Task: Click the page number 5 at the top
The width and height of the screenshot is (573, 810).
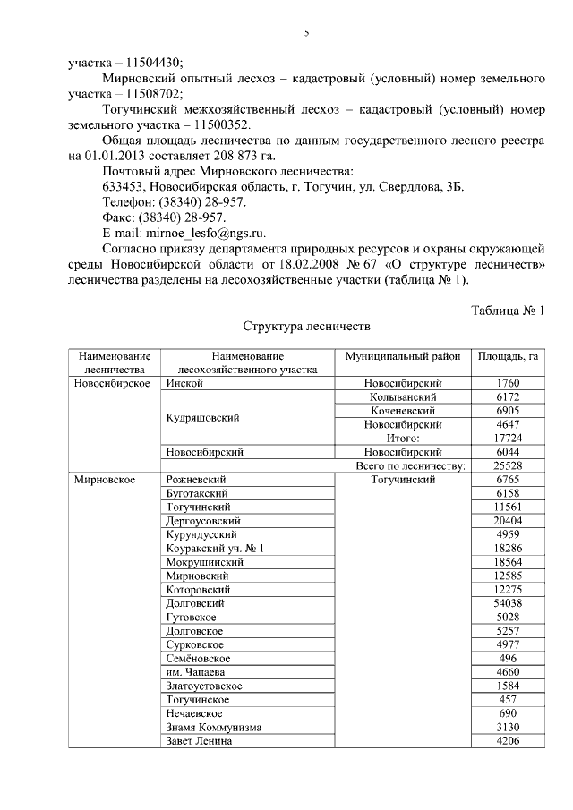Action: [306, 33]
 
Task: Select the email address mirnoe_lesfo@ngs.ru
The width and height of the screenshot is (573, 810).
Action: [197, 231]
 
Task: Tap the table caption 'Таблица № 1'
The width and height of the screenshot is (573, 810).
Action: [508, 311]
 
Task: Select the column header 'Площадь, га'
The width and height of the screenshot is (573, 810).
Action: [508, 356]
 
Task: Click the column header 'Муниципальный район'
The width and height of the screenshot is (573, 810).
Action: [403, 356]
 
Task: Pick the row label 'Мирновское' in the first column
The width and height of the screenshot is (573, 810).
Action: [105, 480]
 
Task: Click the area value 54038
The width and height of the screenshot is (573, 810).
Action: [508, 604]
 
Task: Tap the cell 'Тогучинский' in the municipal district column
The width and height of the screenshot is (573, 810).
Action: [403, 480]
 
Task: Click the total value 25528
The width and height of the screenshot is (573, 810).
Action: [508, 466]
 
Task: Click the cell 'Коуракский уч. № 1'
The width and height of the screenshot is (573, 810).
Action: [216, 548]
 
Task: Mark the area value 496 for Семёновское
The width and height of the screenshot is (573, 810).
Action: [508, 658]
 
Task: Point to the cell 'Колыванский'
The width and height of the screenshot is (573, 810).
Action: [403, 396]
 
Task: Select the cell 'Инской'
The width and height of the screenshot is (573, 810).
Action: [184, 383]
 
